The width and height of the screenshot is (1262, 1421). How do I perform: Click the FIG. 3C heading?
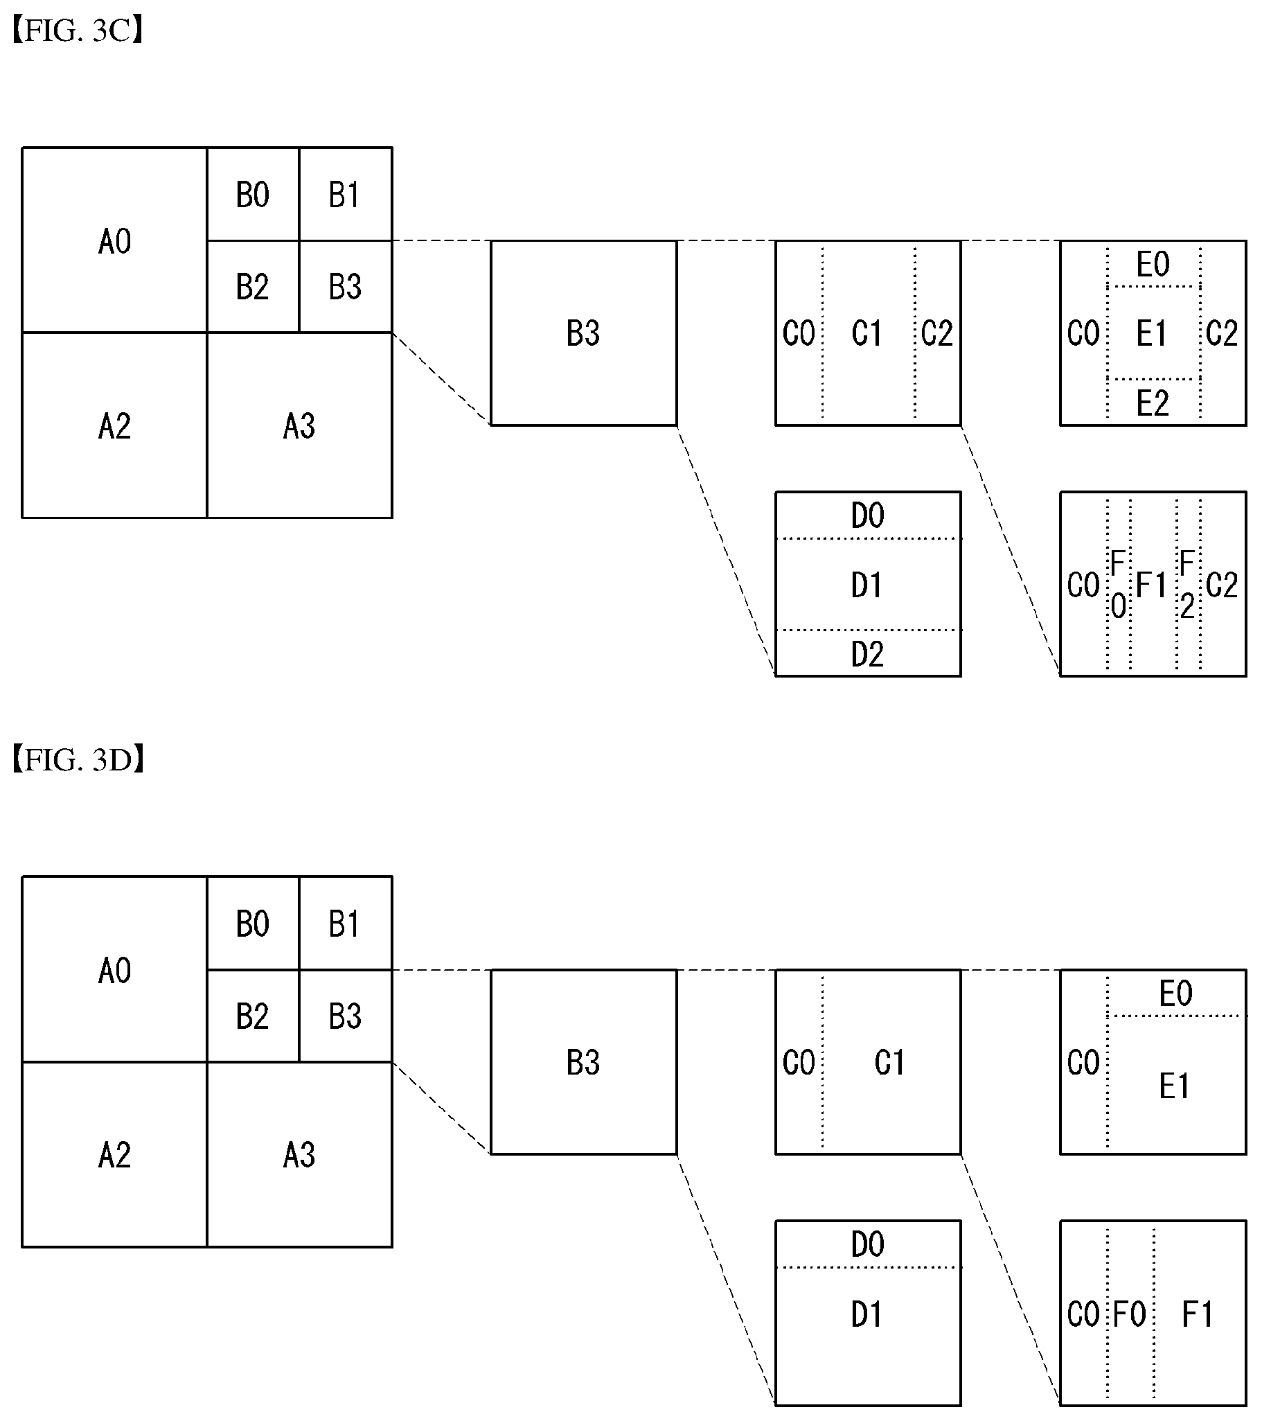(x=78, y=31)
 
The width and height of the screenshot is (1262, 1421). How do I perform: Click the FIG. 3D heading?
(x=78, y=760)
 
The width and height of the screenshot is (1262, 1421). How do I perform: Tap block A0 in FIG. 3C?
(x=115, y=240)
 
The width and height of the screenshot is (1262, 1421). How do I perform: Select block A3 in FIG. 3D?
(x=299, y=1155)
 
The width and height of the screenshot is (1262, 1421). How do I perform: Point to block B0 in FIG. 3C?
(x=253, y=194)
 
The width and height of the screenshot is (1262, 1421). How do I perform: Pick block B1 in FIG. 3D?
(x=346, y=924)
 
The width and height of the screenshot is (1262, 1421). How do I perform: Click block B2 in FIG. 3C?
(x=253, y=286)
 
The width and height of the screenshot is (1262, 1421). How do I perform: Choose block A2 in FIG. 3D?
(x=115, y=1155)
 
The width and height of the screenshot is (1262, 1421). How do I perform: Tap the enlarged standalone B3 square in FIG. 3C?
(x=584, y=333)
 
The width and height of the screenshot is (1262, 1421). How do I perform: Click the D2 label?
(x=868, y=654)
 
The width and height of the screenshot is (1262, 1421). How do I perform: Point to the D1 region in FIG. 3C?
(x=868, y=584)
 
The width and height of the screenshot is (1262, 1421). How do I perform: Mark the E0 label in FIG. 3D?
(x=1176, y=993)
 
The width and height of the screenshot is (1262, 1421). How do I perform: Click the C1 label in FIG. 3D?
(x=889, y=1062)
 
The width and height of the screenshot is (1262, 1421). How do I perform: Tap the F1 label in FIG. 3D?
(x=1198, y=1314)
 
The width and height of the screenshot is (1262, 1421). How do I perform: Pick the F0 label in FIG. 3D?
(x=1130, y=1314)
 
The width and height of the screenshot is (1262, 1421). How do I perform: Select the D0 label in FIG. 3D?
(x=868, y=1244)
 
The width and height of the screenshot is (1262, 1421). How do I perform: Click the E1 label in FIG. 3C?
(x=1151, y=334)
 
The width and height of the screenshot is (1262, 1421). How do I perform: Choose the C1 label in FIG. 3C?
(x=866, y=334)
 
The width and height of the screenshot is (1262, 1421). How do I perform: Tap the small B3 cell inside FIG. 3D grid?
(x=346, y=1016)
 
